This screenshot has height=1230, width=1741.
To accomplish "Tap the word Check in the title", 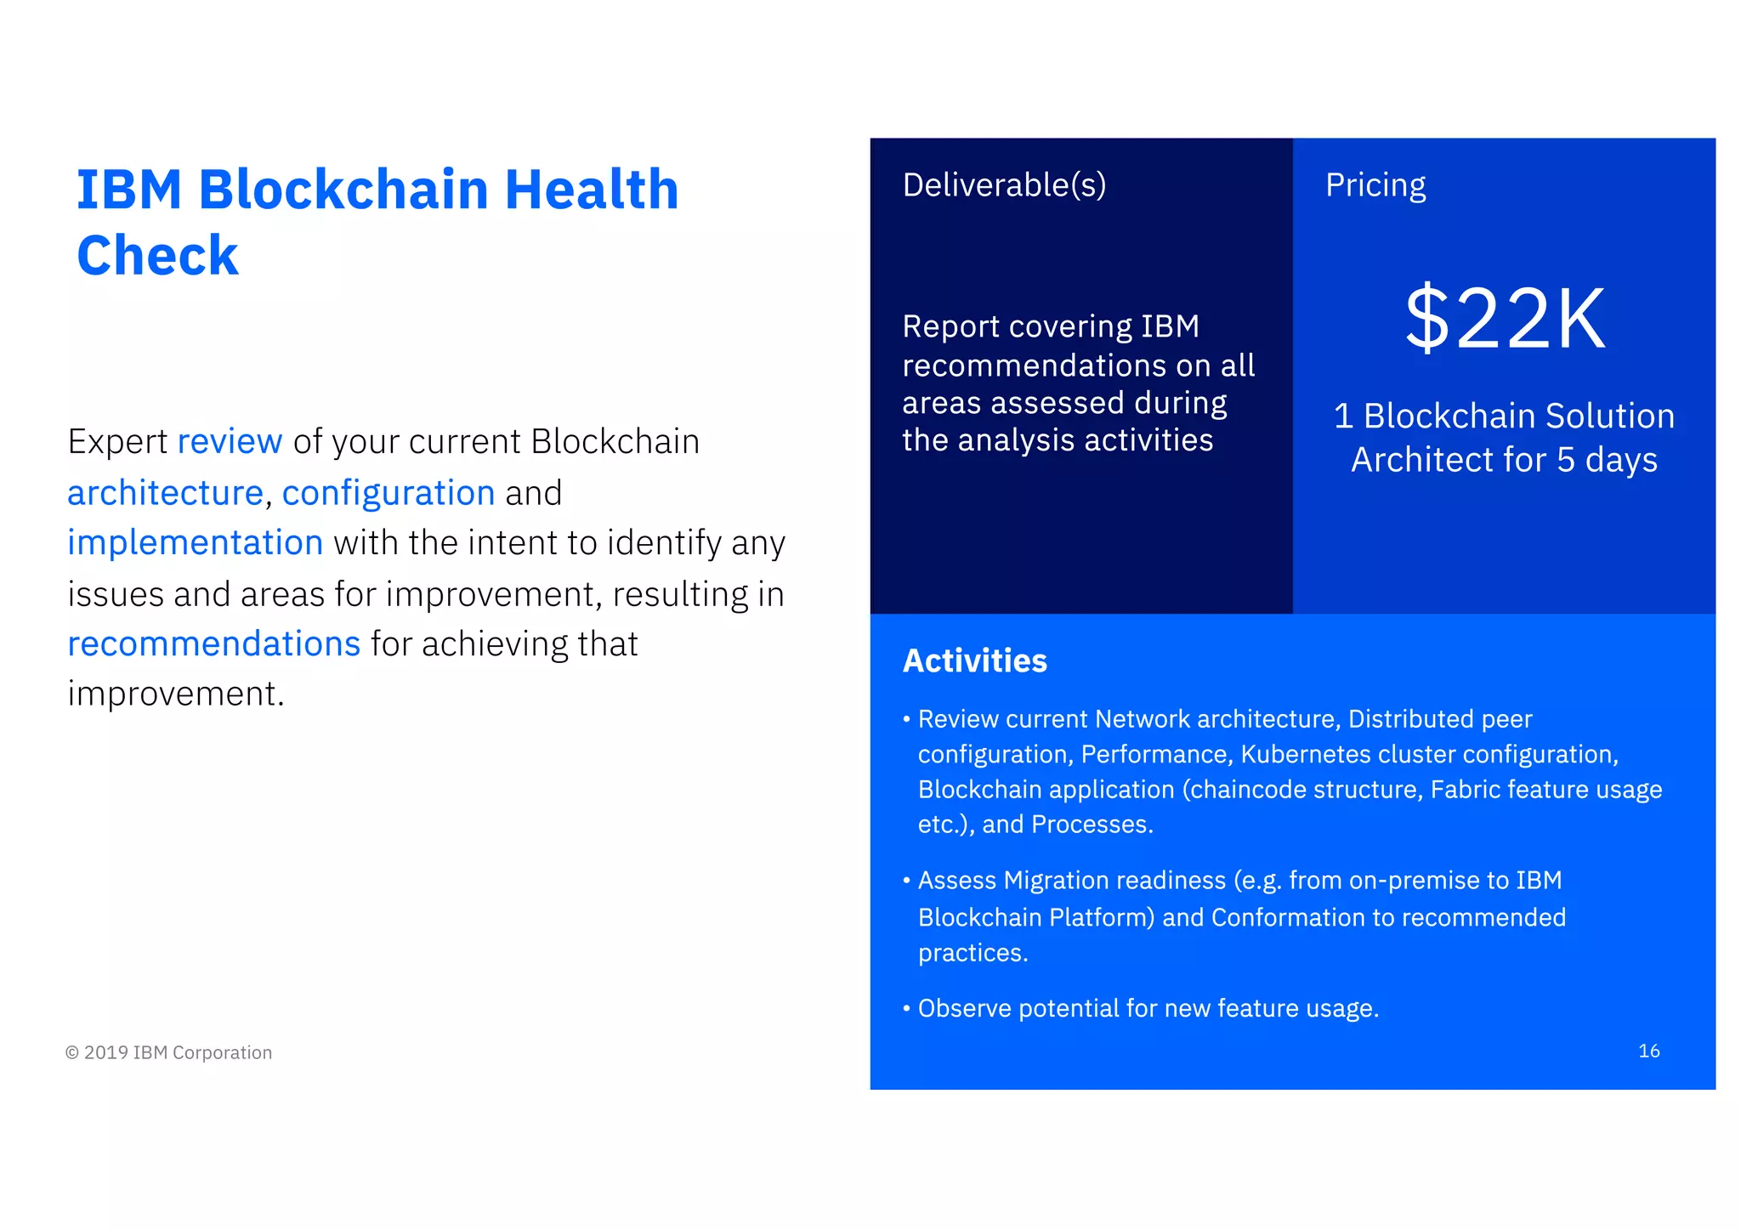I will pyautogui.click(x=157, y=255).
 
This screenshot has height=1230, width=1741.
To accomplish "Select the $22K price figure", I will pyautogui.click(x=1505, y=319).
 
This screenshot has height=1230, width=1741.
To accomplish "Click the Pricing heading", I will pyautogui.click(x=1375, y=185).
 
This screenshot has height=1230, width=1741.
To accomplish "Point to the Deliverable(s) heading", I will pyautogui.click(x=1004, y=185).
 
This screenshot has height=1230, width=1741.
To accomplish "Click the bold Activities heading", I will pyautogui.click(x=974, y=660).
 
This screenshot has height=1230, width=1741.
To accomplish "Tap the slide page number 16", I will pyautogui.click(x=1648, y=1051).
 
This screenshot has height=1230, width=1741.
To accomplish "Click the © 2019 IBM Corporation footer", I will pyautogui.click(x=169, y=1052).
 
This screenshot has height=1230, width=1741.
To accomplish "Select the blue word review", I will pyautogui.click(x=230, y=442).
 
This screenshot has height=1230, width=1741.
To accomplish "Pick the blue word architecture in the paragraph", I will pyautogui.click(x=166, y=493).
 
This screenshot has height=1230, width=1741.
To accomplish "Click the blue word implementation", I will pyautogui.click(x=196, y=543).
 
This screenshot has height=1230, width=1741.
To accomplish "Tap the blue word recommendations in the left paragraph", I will pyautogui.click(x=214, y=644).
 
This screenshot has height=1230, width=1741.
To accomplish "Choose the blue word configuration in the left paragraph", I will pyautogui.click(x=388, y=493).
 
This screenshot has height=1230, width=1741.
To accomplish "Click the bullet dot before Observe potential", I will pyautogui.click(x=907, y=1009).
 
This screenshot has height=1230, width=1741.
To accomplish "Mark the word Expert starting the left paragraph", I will pyautogui.click(x=117, y=442).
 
